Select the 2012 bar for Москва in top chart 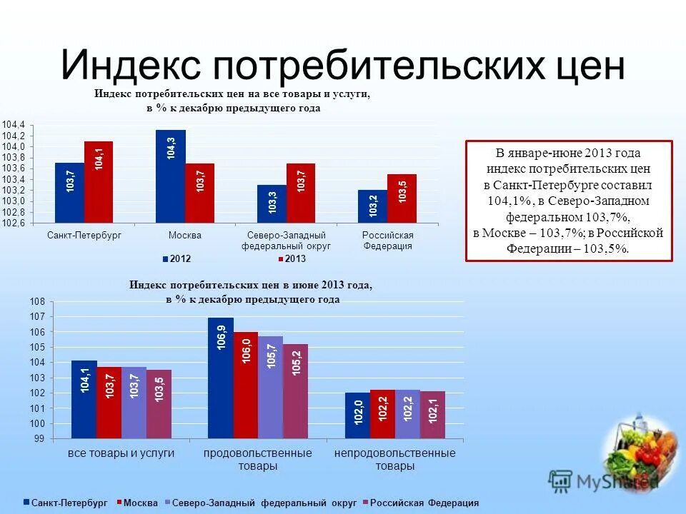click(170, 176)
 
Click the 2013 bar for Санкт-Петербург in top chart click(99, 182)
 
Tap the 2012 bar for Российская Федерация click(372, 206)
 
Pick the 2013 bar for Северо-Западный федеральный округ click(300, 193)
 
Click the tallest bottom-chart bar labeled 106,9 click(220, 378)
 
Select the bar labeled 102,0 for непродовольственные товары click(357, 415)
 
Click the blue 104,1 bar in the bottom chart click(84, 399)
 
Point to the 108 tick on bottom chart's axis click(37, 302)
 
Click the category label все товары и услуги click(121, 453)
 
